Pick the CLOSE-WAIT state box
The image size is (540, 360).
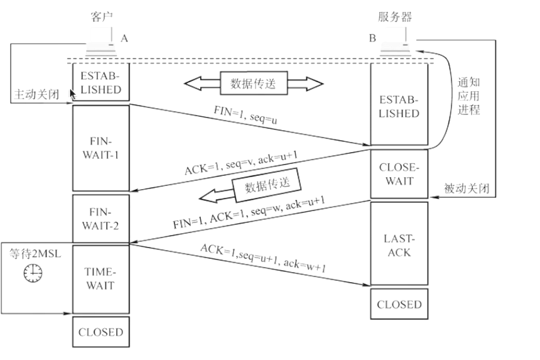click(x=399, y=174)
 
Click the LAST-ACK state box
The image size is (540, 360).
click(x=399, y=244)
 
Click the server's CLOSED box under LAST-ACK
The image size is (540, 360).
click(x=399, y=304)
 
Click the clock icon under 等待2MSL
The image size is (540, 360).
click(x=33, y=273)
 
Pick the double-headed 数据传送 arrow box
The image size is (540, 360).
click(x=253, y=83)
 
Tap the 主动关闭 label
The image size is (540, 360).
click(x=35, y=95)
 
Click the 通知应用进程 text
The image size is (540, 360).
click(x=468, y=95)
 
